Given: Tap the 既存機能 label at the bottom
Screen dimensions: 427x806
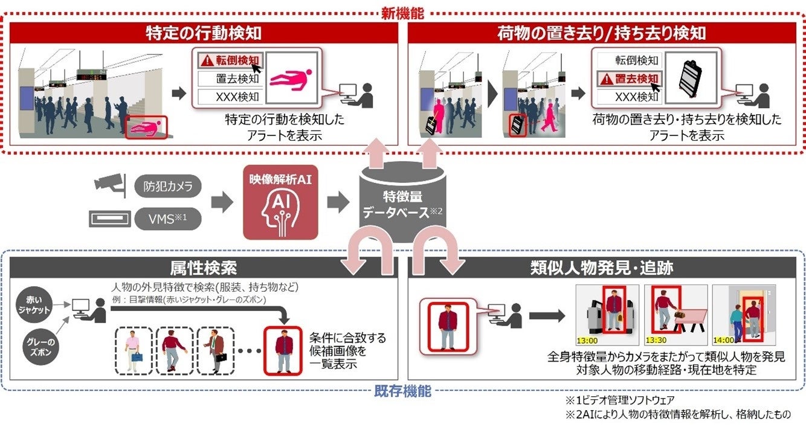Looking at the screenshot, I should tap(402, 391).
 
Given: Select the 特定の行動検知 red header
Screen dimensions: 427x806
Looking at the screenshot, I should tap(204, 33).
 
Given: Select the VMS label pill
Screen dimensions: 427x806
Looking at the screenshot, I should tap(167, 218).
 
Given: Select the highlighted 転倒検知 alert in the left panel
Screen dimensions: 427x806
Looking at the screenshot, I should tap(228, 60).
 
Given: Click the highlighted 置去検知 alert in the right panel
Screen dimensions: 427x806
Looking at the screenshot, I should tap(628, 79).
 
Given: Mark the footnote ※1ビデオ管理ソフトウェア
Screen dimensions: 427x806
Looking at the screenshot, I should tap(619, 400).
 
